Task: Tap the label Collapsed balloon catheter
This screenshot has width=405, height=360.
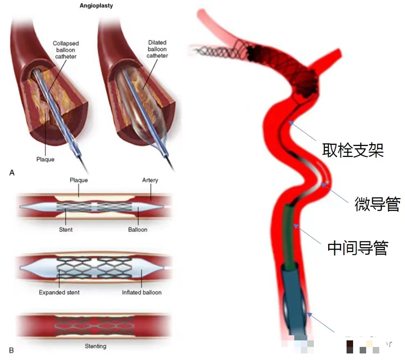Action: point(65,49)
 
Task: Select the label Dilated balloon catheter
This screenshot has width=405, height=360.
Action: point(157,49)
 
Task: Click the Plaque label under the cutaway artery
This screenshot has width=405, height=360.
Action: point(45,159)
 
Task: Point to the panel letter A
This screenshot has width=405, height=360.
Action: point(11,173)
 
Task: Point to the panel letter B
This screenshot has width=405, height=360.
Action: point(11,350)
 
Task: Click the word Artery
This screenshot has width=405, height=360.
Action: point(150,180)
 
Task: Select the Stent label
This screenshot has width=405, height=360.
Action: point(65,229)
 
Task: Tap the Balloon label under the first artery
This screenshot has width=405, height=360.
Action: point(138,229)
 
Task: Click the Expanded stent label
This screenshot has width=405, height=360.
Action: point(59,292)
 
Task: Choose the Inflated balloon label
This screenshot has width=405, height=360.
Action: point(141,292)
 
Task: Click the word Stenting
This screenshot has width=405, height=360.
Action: point(95,346)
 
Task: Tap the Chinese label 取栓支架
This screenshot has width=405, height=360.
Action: point(353,150)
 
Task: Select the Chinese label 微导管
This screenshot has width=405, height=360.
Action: point(377,204)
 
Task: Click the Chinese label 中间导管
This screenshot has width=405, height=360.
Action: point(358,248)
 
